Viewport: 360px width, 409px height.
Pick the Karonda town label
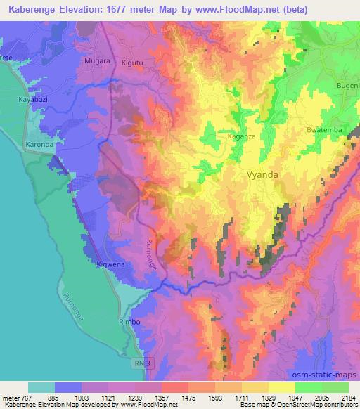(39, 145)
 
